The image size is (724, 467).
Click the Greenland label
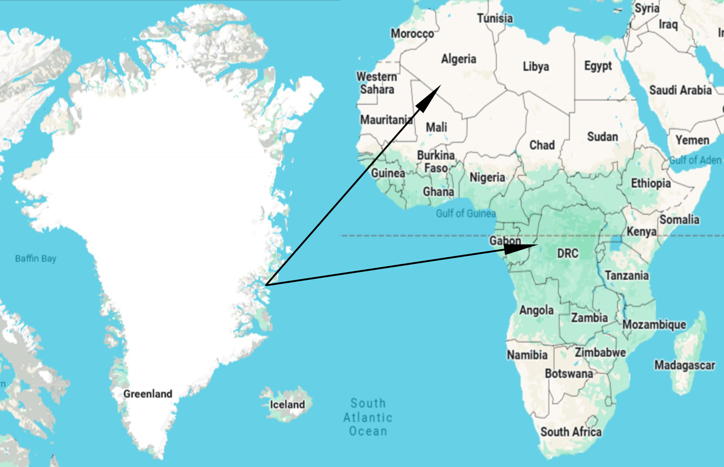[x=148, y=394]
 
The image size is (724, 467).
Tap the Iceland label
[x=287, y=405]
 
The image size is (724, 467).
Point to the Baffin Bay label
[x=35, y=258]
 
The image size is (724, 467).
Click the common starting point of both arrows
[x=266, y=285]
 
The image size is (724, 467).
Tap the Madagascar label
[x=684, y=365]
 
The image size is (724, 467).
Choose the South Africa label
[x=571, y=432]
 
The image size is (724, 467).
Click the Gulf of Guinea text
[x=466, y=213]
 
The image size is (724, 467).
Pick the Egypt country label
[x=598, y=66]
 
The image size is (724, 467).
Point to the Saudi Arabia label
[x=680, y=90]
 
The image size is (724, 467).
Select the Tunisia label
[x=495, y=18]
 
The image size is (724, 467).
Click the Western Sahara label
[x=376, y=83]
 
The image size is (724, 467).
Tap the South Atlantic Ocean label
[x=368, y=417]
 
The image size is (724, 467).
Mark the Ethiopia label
[x=650, y=183]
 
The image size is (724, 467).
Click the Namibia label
[x=527, y=355]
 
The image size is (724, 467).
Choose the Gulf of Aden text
[x=695, y=160]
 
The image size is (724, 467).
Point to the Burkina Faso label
[x=436, y=162]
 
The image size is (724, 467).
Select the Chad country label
[x=542, y=145]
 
